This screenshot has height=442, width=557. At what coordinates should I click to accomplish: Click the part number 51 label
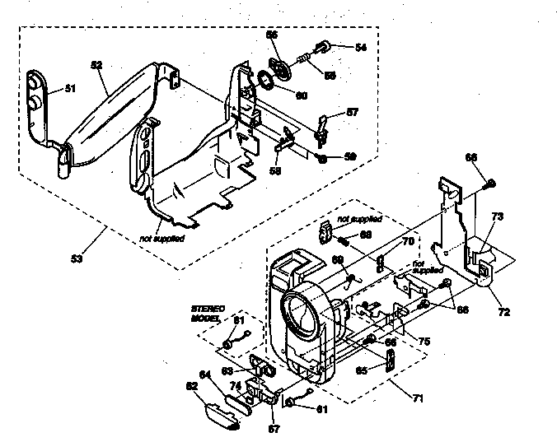(70, 88)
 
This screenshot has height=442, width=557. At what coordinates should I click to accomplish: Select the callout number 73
(497, 216)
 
